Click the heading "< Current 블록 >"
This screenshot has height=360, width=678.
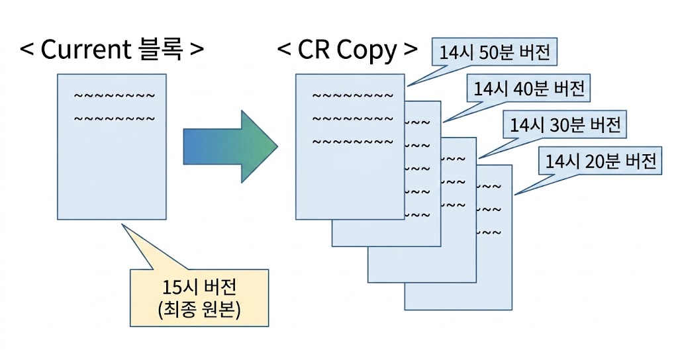[112, 50]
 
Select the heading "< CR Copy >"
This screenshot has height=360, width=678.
[348, 50]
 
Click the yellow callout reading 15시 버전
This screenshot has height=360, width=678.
[199, 289]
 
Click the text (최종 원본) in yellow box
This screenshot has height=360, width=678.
[199, 310]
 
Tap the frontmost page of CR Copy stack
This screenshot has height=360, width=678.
[349, 179]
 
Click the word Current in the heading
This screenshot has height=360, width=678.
[86, 50]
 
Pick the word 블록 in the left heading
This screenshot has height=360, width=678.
[160, 50]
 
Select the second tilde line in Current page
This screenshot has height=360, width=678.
[115, 120]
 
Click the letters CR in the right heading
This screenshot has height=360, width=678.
[315, 50]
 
